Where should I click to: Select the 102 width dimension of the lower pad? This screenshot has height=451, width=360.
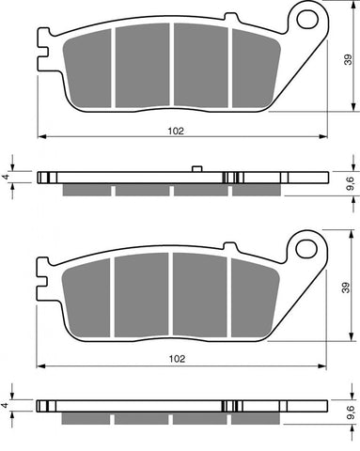[176, 359]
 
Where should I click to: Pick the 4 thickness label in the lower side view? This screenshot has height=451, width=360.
[6, 406]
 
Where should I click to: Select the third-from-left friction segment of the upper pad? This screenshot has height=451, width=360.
[200, 64]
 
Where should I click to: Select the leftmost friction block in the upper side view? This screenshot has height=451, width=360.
[86, 190]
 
